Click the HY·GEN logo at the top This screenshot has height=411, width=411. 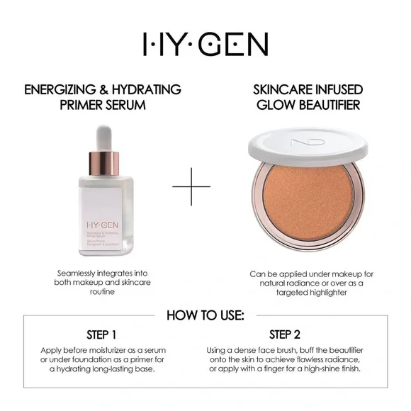(205, 45)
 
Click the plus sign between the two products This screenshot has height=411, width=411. (191, 187)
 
